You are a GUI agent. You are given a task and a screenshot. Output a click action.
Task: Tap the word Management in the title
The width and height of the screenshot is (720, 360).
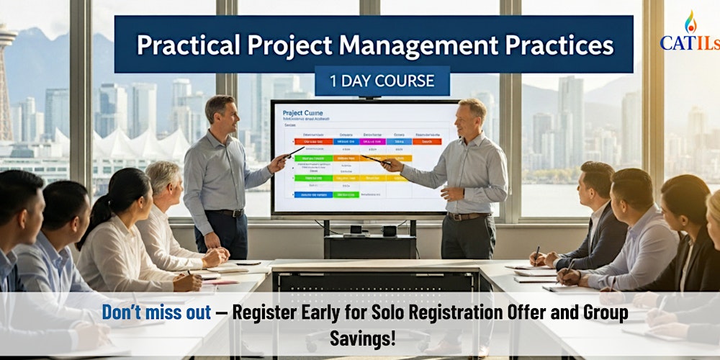coord(393,45)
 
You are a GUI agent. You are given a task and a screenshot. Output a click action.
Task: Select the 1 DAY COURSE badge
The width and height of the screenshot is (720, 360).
coord(382,81)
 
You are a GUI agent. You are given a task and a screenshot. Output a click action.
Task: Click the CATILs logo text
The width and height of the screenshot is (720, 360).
coord(689,43)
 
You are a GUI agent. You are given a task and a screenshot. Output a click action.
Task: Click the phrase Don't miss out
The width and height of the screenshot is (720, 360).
coord(156,313)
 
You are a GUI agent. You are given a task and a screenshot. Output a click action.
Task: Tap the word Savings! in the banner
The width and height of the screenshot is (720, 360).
coord(363,338)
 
